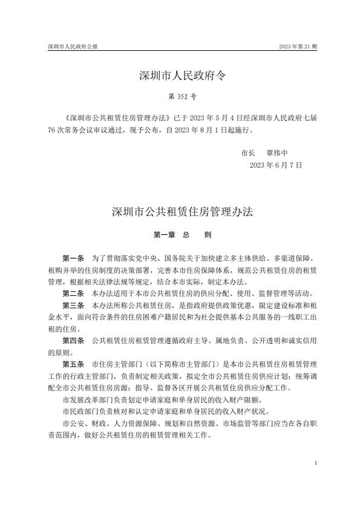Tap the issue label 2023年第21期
(298, 47)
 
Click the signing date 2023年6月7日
(275, 164)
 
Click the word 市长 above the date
(249, 153)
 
